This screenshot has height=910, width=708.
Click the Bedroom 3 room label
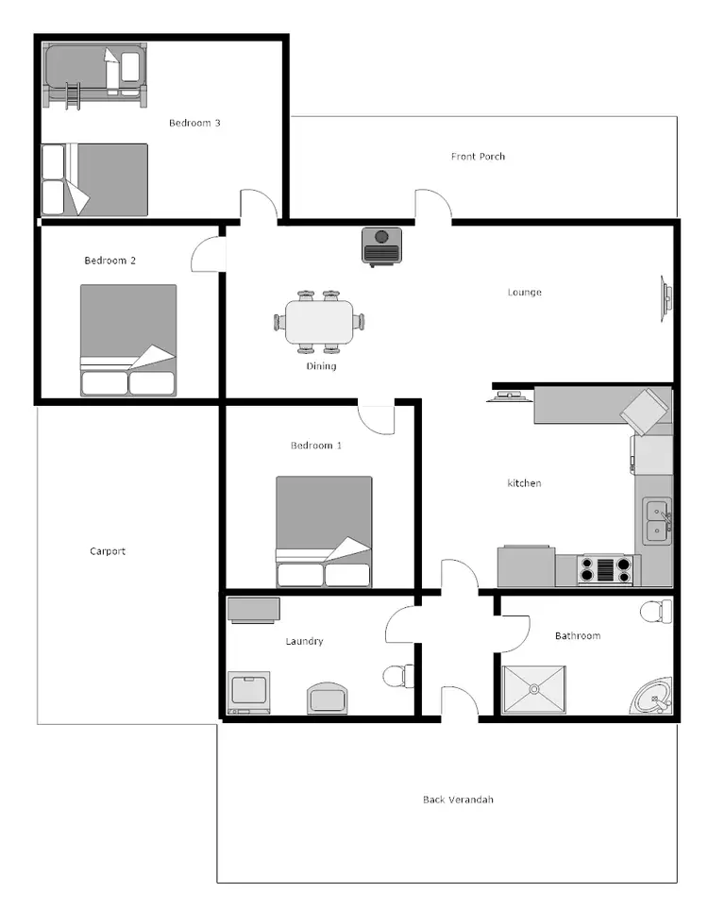click(194, 123)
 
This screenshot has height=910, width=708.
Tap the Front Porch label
click(478, 157)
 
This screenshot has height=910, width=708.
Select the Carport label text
click(108, 551)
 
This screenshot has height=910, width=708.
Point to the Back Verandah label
click(458, 800)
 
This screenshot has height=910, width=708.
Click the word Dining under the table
click(321, 366)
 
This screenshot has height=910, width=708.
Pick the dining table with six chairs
click(320, 321)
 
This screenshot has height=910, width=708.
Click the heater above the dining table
click(382, 244)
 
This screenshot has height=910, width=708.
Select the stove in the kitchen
click(605, 570)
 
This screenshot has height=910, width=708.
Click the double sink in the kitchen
click(657, 522)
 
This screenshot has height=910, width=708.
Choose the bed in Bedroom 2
click(127, 339)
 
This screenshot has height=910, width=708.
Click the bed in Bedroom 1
click(324, 531)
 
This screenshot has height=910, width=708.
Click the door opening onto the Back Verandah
click(460, 703)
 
